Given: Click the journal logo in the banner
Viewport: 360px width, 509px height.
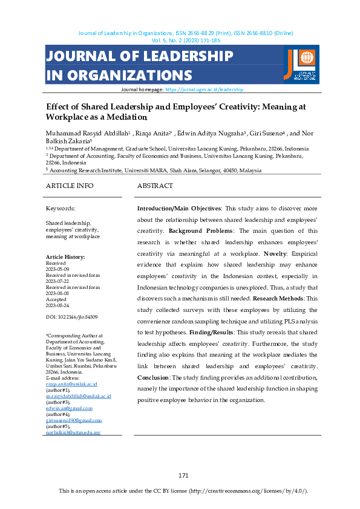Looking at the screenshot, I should point(300,64).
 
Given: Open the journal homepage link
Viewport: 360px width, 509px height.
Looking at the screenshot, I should point(204,89).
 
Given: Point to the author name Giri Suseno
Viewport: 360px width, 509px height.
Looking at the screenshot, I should point(261,133).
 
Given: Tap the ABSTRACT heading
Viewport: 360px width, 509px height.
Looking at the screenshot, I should point(155,186).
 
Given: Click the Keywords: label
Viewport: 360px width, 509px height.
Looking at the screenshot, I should point(61,208).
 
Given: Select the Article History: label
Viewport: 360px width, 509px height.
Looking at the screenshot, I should point(66,257).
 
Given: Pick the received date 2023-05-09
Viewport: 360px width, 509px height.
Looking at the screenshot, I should point(59,268).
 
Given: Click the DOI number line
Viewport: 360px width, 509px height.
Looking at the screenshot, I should point(71,317).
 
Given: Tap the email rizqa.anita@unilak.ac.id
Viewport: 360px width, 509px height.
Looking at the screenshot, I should point(71,384).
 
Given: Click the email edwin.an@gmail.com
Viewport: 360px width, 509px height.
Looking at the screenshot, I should point(68,408).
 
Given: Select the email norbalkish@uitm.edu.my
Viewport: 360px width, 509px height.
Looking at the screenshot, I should point(73,433).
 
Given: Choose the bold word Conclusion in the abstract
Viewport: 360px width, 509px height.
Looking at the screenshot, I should point(153,377).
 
